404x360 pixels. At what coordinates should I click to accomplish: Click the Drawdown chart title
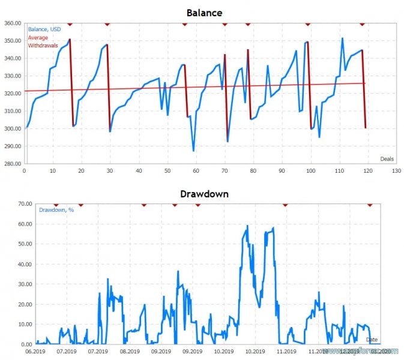pos(204,194)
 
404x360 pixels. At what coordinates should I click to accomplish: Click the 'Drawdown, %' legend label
pos(56,210)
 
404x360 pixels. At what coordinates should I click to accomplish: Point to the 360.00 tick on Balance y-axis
pos(12,23)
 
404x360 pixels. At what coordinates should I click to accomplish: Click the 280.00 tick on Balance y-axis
pos(12,163)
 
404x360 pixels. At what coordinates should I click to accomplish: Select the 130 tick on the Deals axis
pos(396,171)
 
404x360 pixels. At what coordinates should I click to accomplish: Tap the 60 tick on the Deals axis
pos(196,171)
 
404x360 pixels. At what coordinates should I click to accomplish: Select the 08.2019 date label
pos(129,352)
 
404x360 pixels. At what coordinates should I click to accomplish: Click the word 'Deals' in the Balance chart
pos(387,158)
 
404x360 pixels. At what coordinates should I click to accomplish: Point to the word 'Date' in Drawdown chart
pos(372,340)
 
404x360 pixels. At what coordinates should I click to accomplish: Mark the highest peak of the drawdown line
pos(247,226)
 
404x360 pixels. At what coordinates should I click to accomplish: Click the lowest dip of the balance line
pos(193,151)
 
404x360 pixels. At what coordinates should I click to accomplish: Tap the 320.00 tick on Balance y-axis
pos(12,94)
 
